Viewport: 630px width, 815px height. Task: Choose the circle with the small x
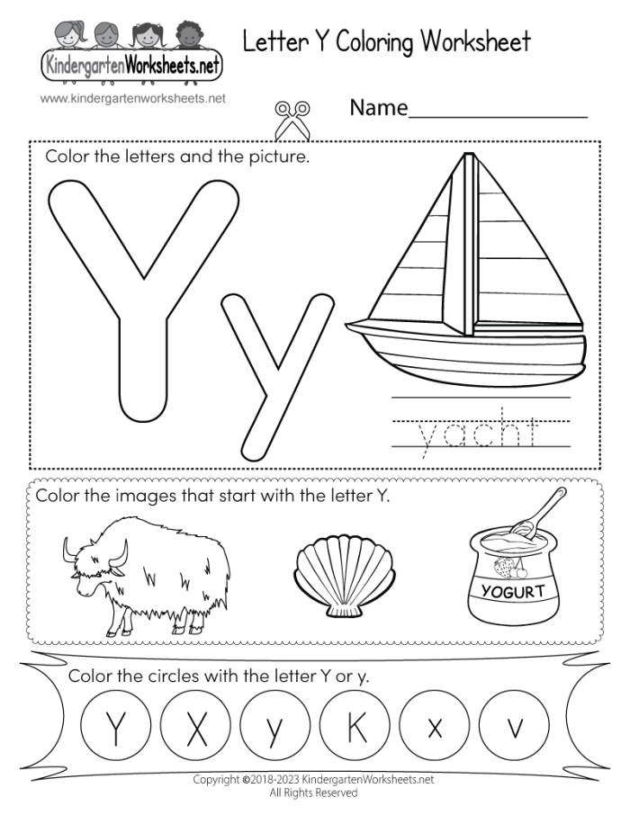pos(435,724)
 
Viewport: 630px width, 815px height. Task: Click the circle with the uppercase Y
pos(114,724)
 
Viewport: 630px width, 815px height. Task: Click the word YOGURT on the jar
pos(514,592)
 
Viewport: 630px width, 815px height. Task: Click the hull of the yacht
pos(468,347)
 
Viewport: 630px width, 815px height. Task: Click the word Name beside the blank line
pos(379,110)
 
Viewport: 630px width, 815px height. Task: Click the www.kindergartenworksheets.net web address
pos(132,98)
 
